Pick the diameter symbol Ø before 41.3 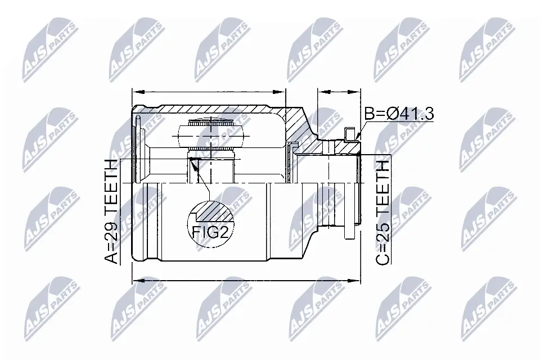[x=393, y=114]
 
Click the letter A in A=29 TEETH [x=110, y=257]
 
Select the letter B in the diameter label [x=370, y=114]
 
